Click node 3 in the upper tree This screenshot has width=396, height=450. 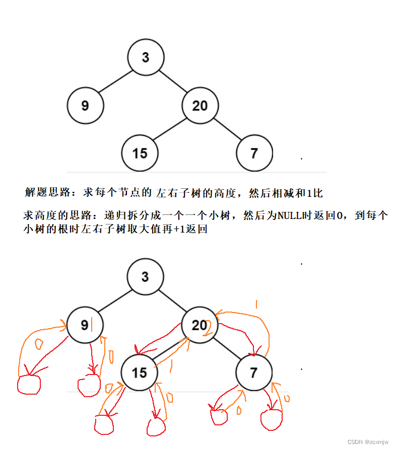(146, 57)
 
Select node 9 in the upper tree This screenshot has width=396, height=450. (85, 106)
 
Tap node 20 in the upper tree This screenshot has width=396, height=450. (200, 106)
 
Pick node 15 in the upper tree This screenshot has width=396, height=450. (140, 153)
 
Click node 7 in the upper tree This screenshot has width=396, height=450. (254, 153)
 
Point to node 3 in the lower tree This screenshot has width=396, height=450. (145, 277)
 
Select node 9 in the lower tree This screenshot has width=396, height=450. (85, 325)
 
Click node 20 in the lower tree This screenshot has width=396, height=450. (200, 325)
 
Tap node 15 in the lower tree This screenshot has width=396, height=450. (139, 372)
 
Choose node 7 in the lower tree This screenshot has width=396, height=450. (253, 372)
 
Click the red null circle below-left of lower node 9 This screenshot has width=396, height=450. (28, 385)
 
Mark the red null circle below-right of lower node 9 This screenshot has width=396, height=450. (90, 386)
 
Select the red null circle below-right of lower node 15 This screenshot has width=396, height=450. (156, 427)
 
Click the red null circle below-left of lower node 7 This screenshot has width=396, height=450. (219, 416)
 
